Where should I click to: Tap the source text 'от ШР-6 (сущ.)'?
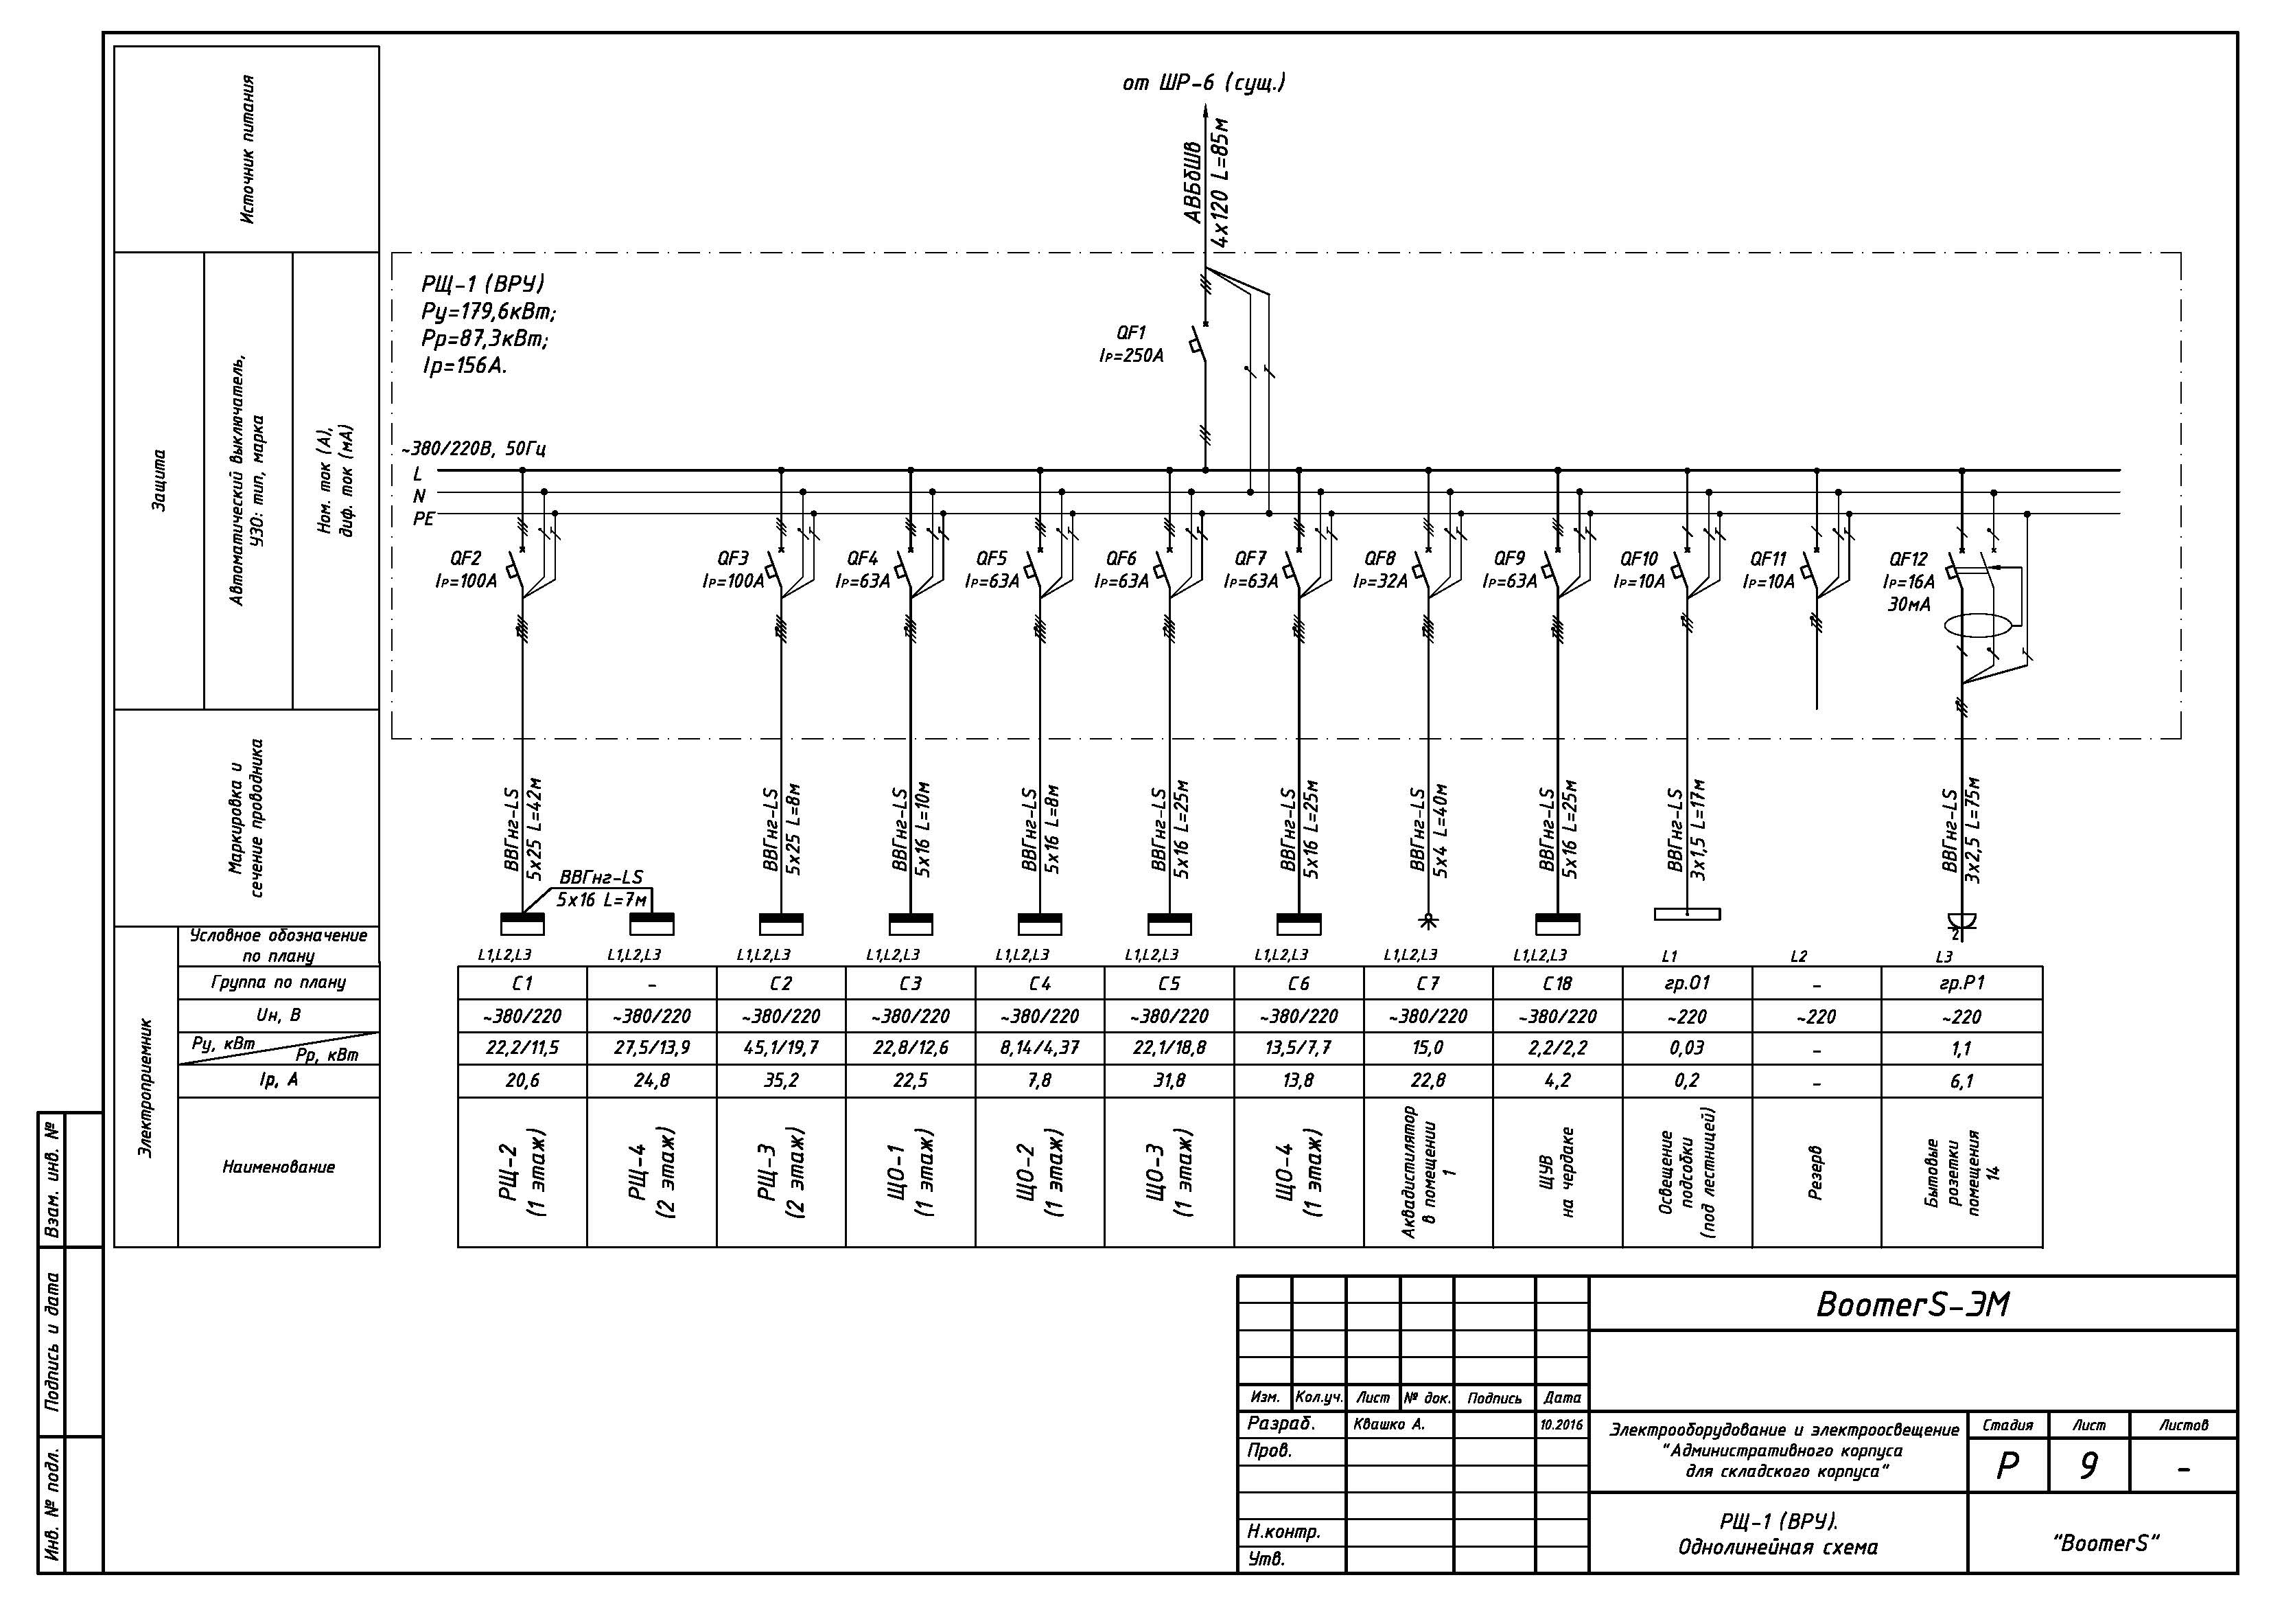click(x=1204, y=83)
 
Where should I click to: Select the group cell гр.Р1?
click(x=1961, y=984)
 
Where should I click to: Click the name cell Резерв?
click(x=1816, y=1173)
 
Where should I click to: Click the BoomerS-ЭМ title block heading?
click(x=1913, y=1304)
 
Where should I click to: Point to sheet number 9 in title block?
click(x=2088, y=1465)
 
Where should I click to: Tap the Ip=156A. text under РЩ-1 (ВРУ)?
click(x=464, y=366)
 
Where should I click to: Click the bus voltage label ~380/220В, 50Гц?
click(x=474, y=448)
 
